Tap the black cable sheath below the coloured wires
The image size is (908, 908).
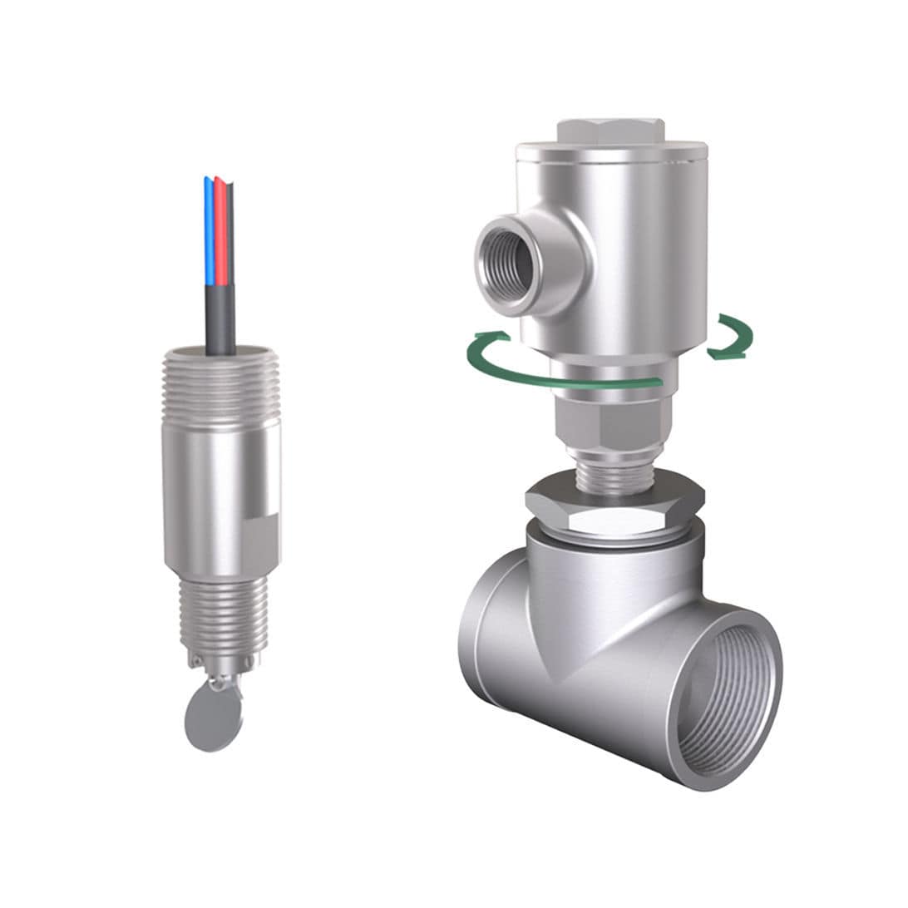pos(220,320)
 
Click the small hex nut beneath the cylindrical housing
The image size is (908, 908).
pos(614,424)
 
